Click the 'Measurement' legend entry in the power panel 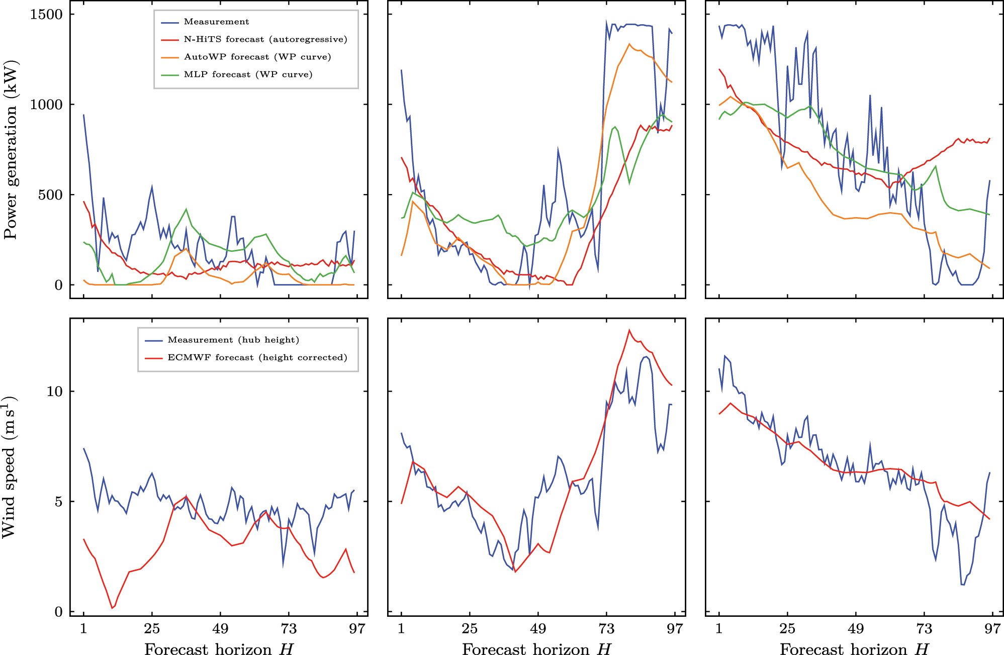tap(216, 22)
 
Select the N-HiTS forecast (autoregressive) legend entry tap(265, 39)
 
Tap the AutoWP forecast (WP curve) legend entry tap(257, 57)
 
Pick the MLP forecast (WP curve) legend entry tap(248, 74)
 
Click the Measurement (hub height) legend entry tap(233, 340)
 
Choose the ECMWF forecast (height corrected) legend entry tap(257, 357)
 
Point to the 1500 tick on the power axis tap(46, 14)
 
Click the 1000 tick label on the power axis tap(46, 105)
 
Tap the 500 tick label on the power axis tap(50, 195)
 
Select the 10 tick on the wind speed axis tap(54, 392)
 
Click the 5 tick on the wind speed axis tap(58, 502)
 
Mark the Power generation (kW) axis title tap(11, 150)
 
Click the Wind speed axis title tap(10, 467)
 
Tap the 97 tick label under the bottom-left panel tap(357, 629)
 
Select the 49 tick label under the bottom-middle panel tap(538, 629)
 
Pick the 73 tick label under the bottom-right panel tap(924, 629)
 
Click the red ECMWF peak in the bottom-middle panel tap(629, 330)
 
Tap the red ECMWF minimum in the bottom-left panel tap(112, 608)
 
